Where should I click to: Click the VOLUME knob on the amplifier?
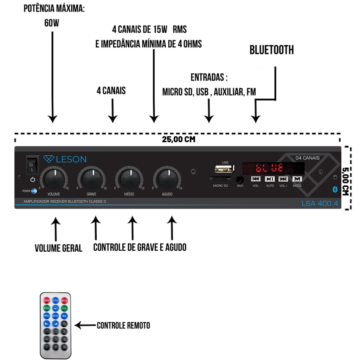click(54, 179)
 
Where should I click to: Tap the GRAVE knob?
click(92, 179)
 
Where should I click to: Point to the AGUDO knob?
click(167, 179)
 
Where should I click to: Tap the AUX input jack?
click(240, 179)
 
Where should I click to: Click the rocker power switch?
click(32, 165)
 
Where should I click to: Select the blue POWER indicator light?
click(34, 191)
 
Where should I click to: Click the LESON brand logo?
click(65, 159)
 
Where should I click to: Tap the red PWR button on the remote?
click(46, 301)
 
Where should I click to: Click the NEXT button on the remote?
click(56, 316)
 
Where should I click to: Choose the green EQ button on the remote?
click(64, 308)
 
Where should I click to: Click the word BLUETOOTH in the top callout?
click(271, 50)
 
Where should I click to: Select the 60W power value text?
click(52, 23)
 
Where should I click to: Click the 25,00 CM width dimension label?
click(178, 139)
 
